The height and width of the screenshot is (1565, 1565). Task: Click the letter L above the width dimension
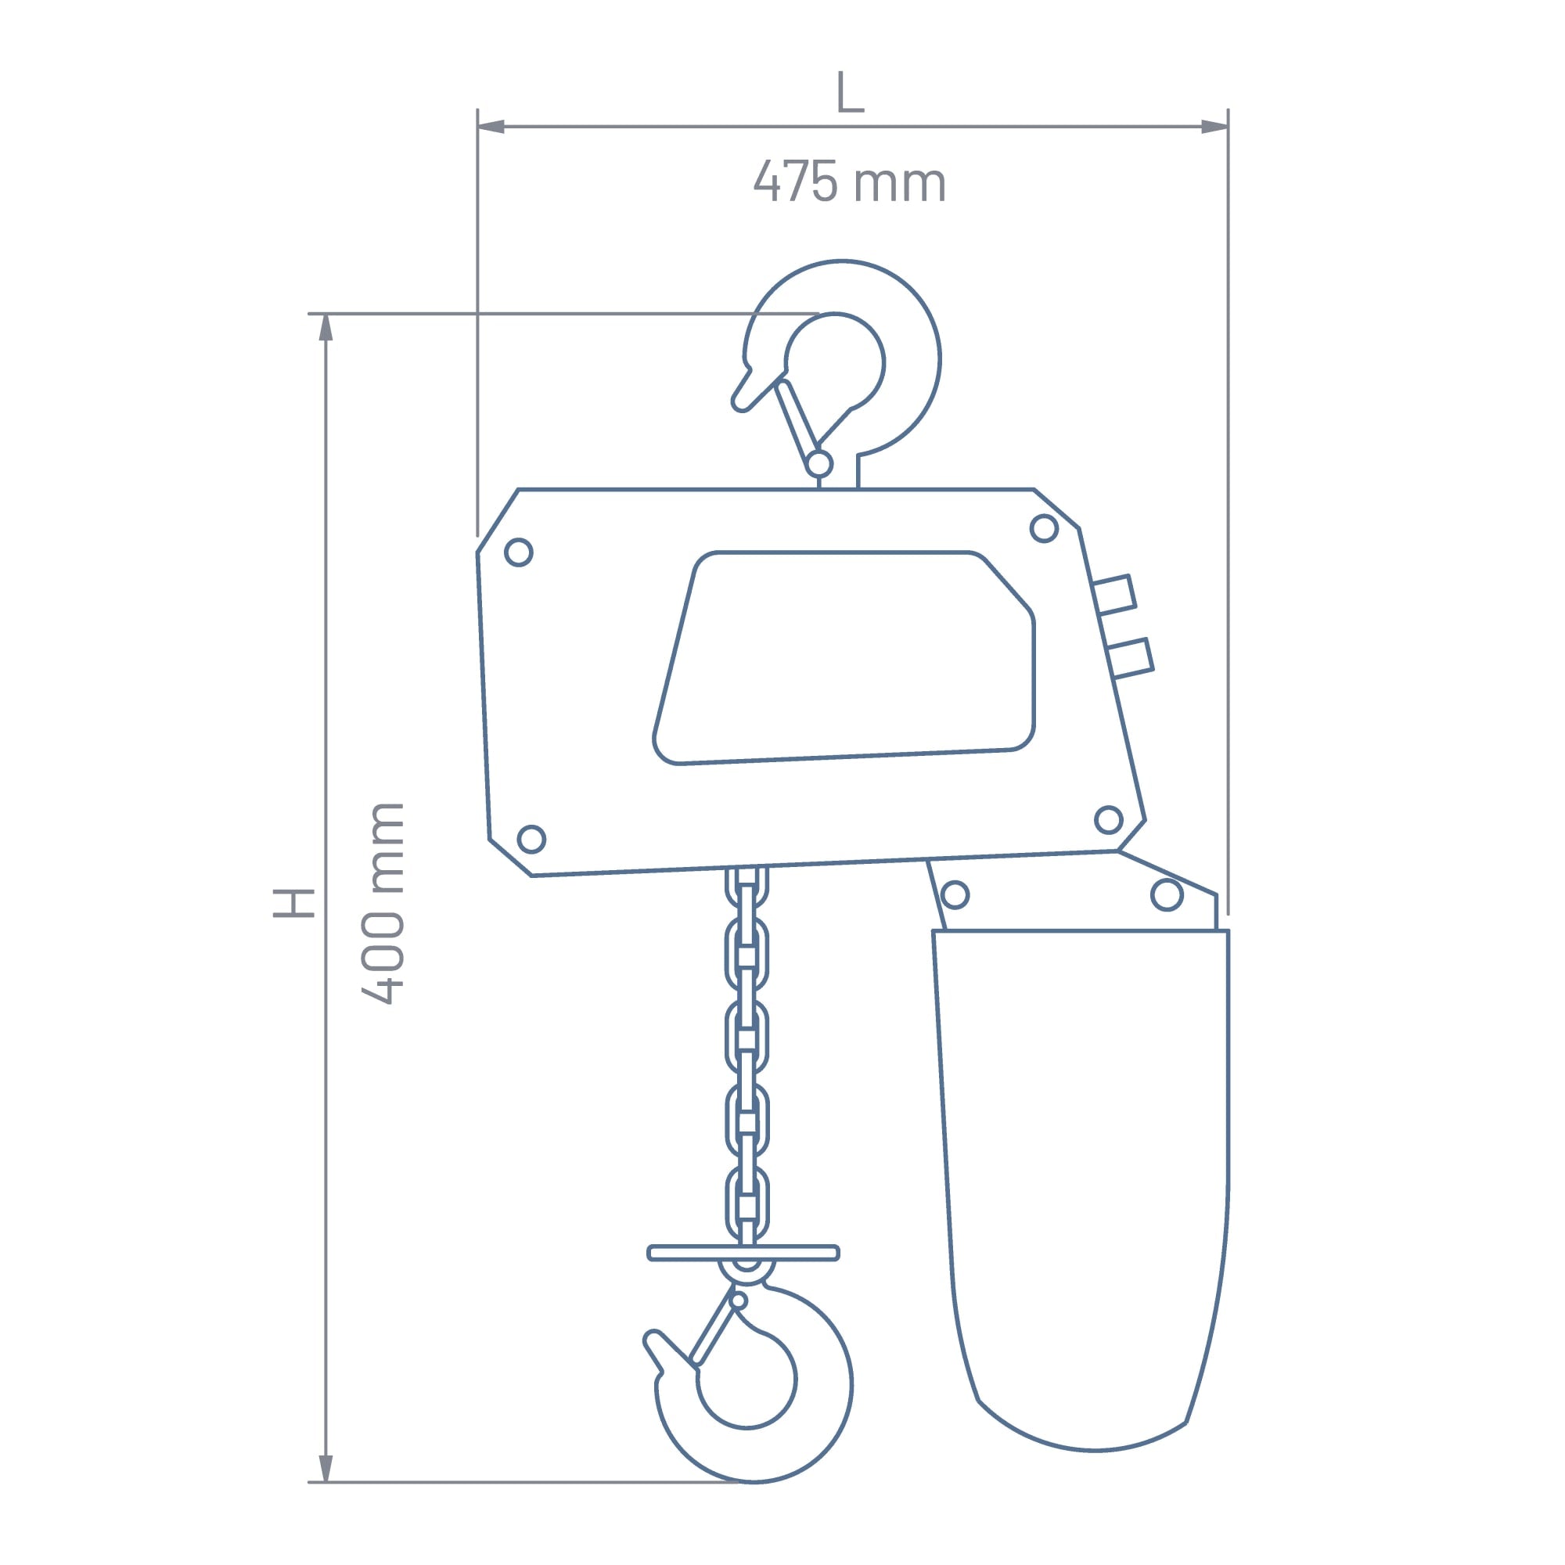[850, 92]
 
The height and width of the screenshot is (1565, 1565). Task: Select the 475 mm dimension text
[850, 181]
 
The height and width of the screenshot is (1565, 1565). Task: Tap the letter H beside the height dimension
[293, 903]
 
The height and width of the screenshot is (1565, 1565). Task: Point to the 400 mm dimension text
[383, 903]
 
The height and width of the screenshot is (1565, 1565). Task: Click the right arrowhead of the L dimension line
[1214, 126]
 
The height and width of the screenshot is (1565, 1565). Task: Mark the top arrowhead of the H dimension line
[326, 327]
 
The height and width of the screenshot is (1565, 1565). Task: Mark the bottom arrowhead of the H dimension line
[326, 1468]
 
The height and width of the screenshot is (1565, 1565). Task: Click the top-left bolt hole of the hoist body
[519, 552]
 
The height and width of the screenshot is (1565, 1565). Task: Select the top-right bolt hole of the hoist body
[1044, 528]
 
